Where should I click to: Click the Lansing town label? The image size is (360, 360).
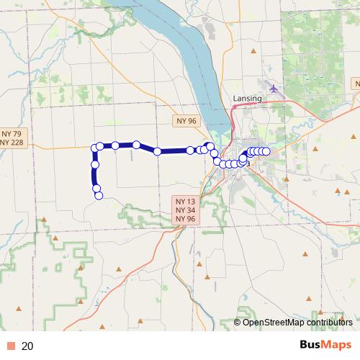pyautogui.click(x=247, y=99)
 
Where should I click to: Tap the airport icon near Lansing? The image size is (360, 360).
pyautogui.click(x=274, y=89)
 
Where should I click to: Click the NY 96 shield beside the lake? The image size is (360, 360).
pyautogui.click(x=186, y=122)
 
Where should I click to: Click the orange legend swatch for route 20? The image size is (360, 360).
pyautogui.click(x=11, y=346)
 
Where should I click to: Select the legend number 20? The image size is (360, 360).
pyautogui.click(x=28, y=346)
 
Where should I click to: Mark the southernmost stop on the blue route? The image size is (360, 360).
pyautogui.click(x=99, y=195)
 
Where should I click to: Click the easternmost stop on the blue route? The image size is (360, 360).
pyautogui.click(x=266, y=150)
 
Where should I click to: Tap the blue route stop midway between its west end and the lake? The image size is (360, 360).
pyautogui.click(x=157, y=151)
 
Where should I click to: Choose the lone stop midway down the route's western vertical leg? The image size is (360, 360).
pyautogui.click(x=94, y=165)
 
